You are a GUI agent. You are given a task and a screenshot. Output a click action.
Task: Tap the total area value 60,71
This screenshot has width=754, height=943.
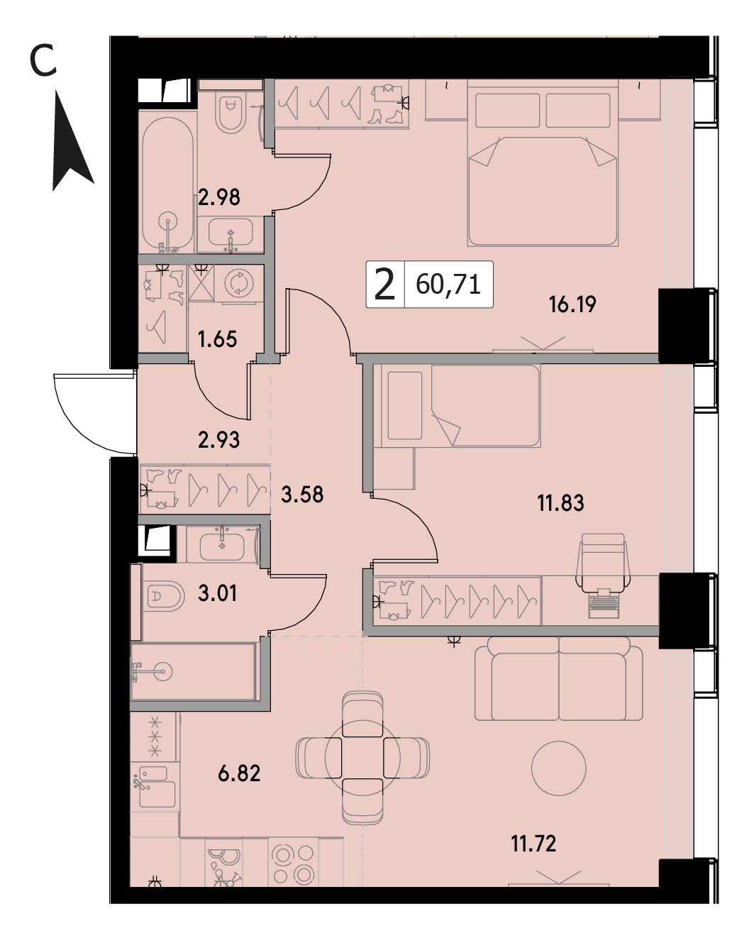pos(448,285)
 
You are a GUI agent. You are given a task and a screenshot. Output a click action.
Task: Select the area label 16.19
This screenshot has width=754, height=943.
pos(572,304)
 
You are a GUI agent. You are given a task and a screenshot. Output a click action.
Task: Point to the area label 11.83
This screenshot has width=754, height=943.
pos(560,503)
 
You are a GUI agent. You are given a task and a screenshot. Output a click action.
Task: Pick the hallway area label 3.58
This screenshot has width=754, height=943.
pos(302,495)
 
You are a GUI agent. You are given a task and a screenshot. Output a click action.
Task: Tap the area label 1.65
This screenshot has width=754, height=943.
pos(217,339)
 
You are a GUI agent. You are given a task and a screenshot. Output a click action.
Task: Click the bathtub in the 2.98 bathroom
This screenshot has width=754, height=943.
pos(168,185)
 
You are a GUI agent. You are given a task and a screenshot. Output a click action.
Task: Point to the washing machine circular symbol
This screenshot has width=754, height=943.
pos(239,283)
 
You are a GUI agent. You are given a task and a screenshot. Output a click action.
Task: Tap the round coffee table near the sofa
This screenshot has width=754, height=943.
pos(559,768)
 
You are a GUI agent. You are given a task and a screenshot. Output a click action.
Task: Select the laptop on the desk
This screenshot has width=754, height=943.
pos(604,603)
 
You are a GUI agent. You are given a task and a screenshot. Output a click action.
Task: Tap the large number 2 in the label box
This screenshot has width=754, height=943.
pos(385,284)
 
